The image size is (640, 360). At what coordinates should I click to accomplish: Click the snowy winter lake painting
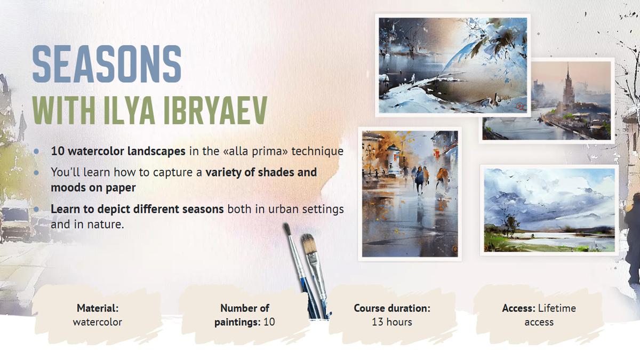(x=453, y=66)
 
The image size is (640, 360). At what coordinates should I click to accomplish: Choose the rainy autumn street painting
(x=410, y=194)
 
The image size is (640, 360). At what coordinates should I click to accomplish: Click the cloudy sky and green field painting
(x=549, y=210)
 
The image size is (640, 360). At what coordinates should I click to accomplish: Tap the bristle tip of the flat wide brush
(x=309, y=243)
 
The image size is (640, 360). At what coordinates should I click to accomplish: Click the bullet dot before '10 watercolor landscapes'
(x=36, y=151)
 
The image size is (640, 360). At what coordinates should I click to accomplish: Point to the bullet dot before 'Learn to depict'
(x=36, y=209)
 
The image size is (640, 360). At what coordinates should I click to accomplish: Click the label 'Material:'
(x=98, y=308)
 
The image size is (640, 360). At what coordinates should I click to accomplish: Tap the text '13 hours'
(x=391, y=322)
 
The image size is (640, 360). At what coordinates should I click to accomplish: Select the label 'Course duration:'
(x=391, y=308)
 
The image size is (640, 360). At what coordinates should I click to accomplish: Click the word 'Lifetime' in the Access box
(x=557, y=308)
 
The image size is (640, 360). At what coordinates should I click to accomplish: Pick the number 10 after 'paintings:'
(x=269, y=322)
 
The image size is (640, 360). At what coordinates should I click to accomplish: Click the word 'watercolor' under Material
(x=98, y=322)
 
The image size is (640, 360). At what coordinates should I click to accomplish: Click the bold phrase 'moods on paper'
(x=93, y=188)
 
